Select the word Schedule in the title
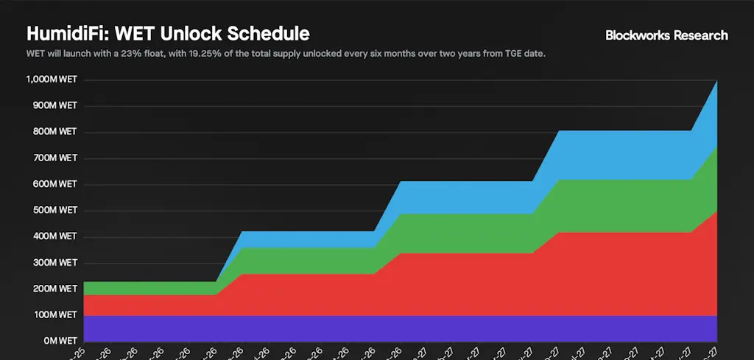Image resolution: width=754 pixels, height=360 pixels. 269,34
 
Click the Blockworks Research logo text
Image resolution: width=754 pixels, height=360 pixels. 666,35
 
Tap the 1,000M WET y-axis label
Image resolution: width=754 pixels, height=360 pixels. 52,80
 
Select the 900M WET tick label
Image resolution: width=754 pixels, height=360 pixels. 54,106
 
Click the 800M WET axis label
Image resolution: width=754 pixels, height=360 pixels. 54,132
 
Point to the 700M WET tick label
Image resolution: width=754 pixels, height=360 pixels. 54,158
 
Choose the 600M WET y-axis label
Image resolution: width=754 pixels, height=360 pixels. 54,184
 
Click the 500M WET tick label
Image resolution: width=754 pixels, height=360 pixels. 54,211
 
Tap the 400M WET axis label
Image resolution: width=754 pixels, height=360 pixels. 54,236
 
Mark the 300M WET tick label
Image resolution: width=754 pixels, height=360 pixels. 54,263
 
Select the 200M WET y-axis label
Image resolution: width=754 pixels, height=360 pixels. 54,289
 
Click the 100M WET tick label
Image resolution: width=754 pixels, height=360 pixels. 54,315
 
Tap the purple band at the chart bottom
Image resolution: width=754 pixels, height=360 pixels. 398,328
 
